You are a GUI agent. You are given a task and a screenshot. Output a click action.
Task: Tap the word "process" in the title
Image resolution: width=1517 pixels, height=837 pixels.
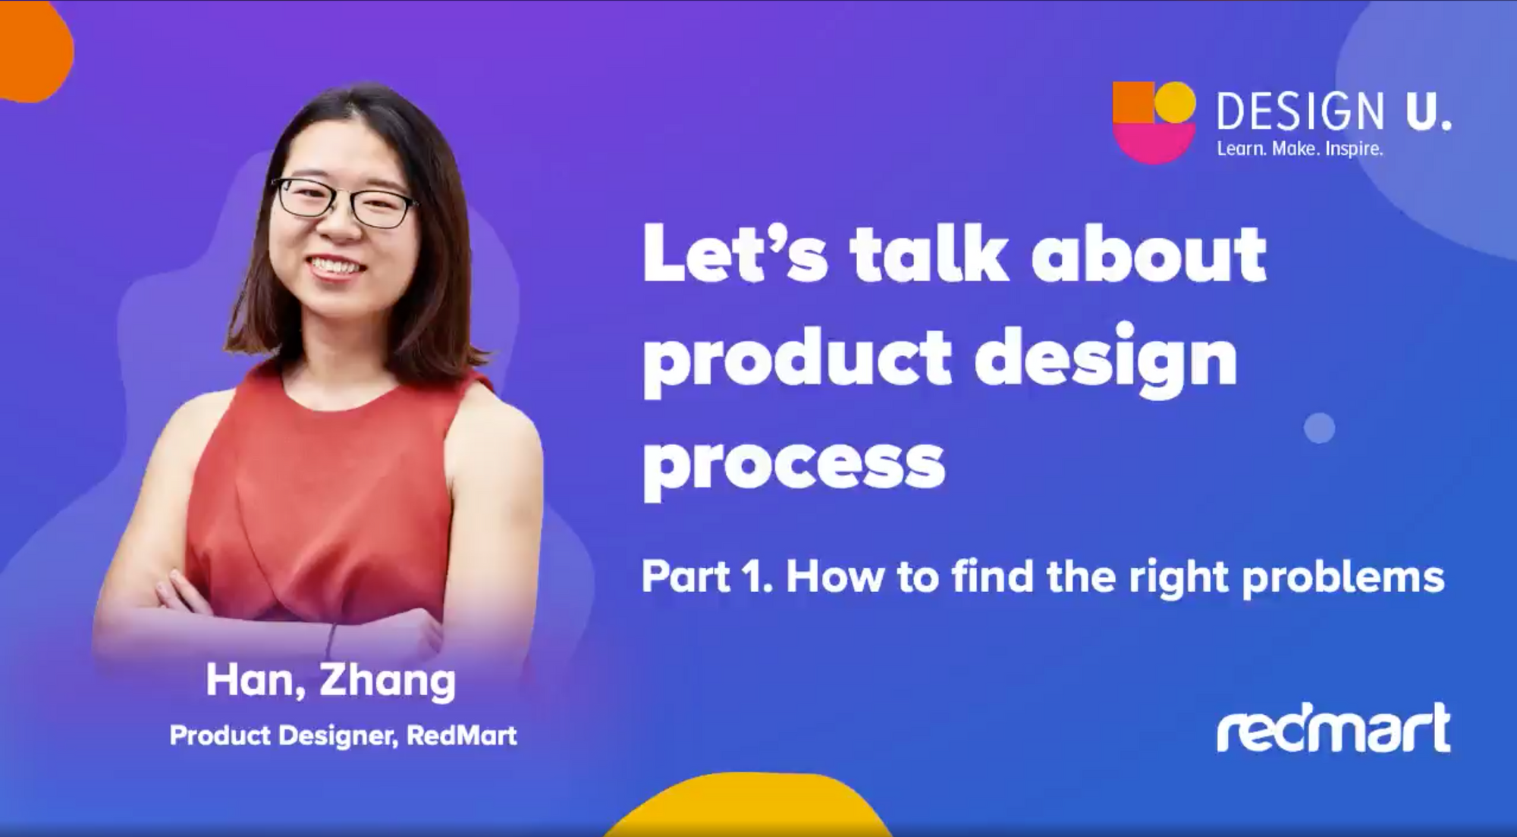click(x=794, y=463)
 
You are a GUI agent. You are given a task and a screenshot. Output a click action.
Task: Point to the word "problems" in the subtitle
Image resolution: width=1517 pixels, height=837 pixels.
click(x=1343, y=578)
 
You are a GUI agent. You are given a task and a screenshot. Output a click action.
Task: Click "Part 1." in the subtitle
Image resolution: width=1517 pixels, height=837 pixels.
click(x=707, y=576)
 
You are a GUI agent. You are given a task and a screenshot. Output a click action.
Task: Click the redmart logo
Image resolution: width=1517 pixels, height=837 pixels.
click(x=1333, y=728)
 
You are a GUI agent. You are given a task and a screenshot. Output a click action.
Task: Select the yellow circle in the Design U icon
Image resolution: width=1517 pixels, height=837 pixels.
click(x=1175, y=102)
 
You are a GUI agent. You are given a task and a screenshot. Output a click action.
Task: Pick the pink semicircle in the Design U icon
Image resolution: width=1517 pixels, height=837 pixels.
click(x=1154, y=143)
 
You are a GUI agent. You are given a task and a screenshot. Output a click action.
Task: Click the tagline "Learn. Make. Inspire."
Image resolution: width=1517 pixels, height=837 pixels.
click(x=1300, y=149)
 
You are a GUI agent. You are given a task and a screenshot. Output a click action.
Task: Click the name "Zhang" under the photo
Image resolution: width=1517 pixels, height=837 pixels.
click(x=388, y=681)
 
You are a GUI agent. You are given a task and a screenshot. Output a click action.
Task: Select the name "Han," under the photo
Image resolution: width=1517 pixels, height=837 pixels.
click(x=256, y=680)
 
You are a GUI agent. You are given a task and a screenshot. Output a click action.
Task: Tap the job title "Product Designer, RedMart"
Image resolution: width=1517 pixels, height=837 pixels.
click(x=343, y=735)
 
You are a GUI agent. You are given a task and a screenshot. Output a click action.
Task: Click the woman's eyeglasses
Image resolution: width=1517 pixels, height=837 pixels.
click(x=343, y=201)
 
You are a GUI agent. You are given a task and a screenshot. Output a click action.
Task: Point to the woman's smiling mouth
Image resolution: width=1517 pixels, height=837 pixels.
click(x=334, y=266)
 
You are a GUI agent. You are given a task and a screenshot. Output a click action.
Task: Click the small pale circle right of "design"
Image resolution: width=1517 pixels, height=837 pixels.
click(x=1319, y=428)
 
